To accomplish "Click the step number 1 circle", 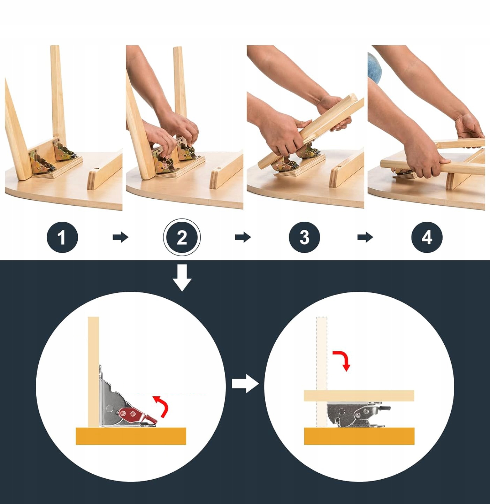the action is click(x=62, y=237).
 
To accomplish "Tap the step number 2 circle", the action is click(x=182, y=237).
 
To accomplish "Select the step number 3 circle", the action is click(x=304, y=237).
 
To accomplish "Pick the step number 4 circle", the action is click(x=427, y=237).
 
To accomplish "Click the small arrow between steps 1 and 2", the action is click(x=121, y=237).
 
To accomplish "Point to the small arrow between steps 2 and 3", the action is click(x=243, y=237).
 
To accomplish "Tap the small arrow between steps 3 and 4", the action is click(x=365, y=237).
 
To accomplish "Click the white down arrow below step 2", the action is click(x=182, y=278).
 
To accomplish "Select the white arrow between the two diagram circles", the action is click(x=245, y=383).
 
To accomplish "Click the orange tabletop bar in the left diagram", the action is click(x=131, y=436).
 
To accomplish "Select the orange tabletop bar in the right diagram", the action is click(x=359, y=436).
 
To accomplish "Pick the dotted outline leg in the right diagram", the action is click(x=322, y=372).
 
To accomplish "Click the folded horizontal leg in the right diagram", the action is click(x=359, y=396).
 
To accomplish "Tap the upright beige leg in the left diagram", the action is click(x=93, y=372).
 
